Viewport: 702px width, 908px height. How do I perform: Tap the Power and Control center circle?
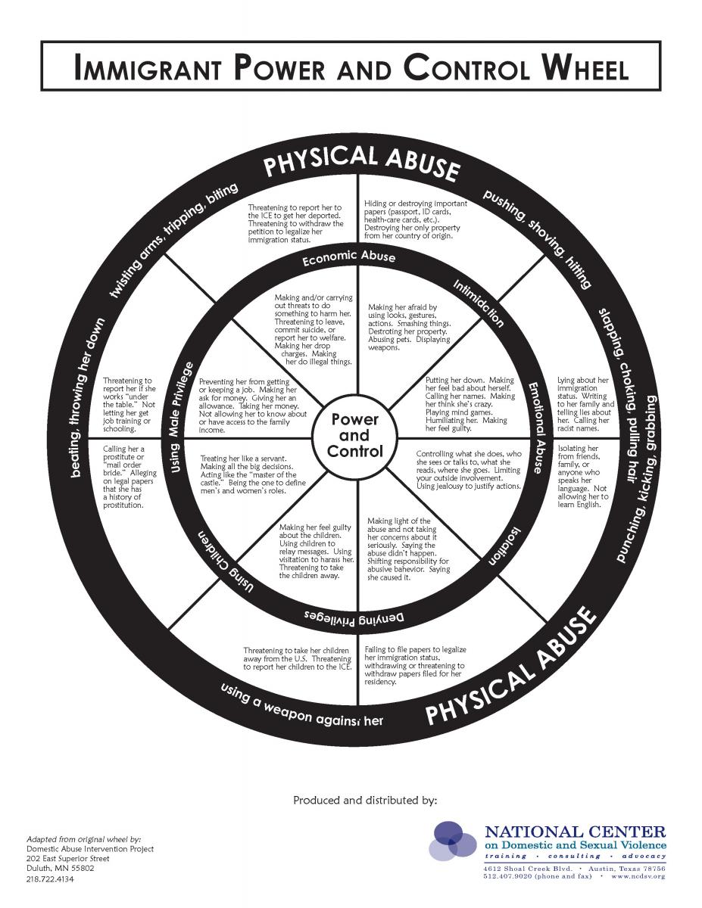point(354,435)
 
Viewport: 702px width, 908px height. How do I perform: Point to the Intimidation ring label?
point(478,303)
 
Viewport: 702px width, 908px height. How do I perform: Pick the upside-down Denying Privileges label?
point(357,615)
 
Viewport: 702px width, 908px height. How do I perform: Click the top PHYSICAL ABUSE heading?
point(361,160)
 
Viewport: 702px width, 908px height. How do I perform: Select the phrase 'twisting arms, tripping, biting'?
point(174,238)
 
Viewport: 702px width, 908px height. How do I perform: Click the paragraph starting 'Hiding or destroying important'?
point(416,219)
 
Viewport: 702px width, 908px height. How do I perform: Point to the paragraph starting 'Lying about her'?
point(585,405)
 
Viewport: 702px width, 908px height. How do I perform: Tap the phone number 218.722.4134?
point(51,880)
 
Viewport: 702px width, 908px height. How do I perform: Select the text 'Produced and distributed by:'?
point(365,800)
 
